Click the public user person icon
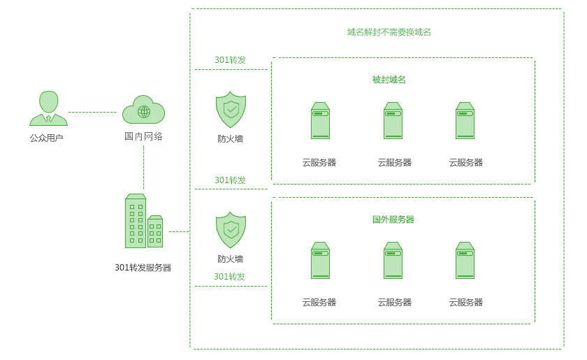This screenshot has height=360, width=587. pyautogui.click(x=48, y=108)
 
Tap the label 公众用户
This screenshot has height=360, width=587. pyautogui.click(x=47, y=138)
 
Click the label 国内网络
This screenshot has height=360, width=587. pyautogui.click(x=143, y=136)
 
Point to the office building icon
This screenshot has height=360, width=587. pyautogui.click(x=143, y=221)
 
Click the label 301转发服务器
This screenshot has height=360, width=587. pyautogui.click(x=143, y=267)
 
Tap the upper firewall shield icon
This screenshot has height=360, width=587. pyautogui.click(x=231, y=109)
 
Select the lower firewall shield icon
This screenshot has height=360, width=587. pyautogui.click(x=231, y=229)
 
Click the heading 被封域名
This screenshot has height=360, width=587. pyautogui.click(x=389, y=80)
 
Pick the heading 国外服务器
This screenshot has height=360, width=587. pyautogui.click(x=393, y=219)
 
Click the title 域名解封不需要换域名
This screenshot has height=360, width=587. pyautogui.click(x=394, y=32)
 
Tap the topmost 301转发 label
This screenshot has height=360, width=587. pyautogui.click(x=230, y=60)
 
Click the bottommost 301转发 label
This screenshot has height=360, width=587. pyautogui.click(x=230, y=277)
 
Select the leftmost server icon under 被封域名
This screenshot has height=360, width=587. pyautogui.click(x=320, y=121)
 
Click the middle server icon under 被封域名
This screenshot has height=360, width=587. pyautogui.click(x=393, y=121)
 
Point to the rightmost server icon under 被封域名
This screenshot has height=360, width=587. pyautogui.click(x=465, y=121)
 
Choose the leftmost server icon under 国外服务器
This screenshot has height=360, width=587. pyautogui.click(x=320, y=260)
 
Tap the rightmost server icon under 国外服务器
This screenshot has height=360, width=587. pyautogui.click(x=465, y=260)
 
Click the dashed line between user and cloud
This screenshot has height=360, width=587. pyautogui.click(x=92, y=112)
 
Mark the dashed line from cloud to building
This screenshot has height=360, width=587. pyautogui.click(x=143, y=168)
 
